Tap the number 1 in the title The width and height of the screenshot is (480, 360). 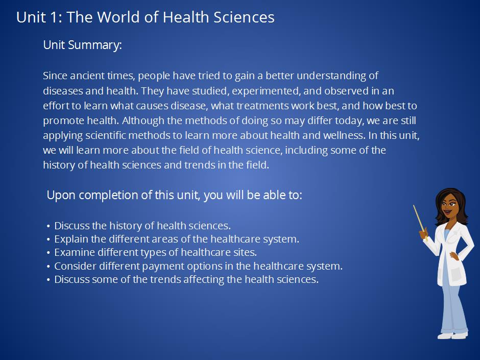54,17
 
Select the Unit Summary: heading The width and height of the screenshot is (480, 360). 82,45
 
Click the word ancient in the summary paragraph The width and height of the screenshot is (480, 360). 87,76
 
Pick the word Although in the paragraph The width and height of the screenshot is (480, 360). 143,121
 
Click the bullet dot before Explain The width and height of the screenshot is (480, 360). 49,239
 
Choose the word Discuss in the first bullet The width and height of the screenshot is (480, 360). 71,226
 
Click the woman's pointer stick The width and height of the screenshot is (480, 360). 419,221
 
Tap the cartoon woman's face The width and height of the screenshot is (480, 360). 449,206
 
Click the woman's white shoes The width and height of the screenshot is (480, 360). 452,335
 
